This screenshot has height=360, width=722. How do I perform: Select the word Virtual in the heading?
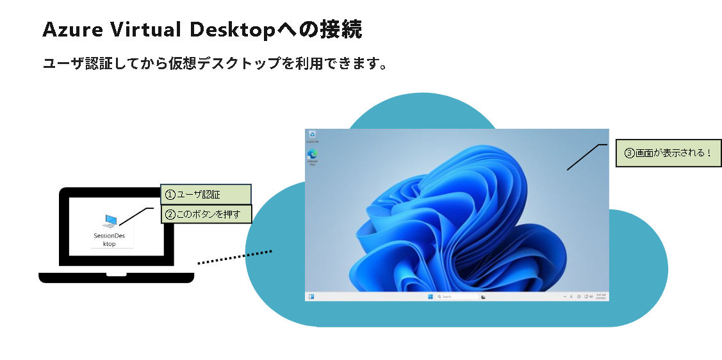pyautogui.click(x=145, y=29)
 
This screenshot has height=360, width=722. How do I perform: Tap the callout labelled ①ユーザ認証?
pyautogui.click(x=205, y=195)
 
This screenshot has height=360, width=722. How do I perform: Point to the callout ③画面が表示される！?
pyautogui.click(x=668, y=154)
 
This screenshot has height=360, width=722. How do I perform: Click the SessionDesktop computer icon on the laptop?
pyautogui.click(x=110, y=221)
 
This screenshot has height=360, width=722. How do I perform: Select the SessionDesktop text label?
pyautogui.click(x=110, y=240)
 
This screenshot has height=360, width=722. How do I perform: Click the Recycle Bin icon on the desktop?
pyautogui.click(x=312, y=135)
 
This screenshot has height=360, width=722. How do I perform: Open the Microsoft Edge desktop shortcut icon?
pyautogui.click(x=313, y=154)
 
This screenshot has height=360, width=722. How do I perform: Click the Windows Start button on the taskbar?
pyautogui.click(x=429, y=297)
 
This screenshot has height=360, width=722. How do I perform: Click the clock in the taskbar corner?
pyautogui.click(x=600, y=297)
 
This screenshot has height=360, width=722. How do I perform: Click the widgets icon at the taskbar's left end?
pyautogui.click(x=312, y=297)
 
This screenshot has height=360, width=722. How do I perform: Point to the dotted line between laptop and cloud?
pyautogui.click(x=235, y=257)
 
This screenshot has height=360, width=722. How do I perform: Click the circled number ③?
pyautogui.click(x=629, y=154)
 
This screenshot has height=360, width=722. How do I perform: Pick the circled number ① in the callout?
pyautogui.click(x=170, y=195)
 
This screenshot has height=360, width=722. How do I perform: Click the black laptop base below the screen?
pyautogui.click(x=116, y=277)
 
